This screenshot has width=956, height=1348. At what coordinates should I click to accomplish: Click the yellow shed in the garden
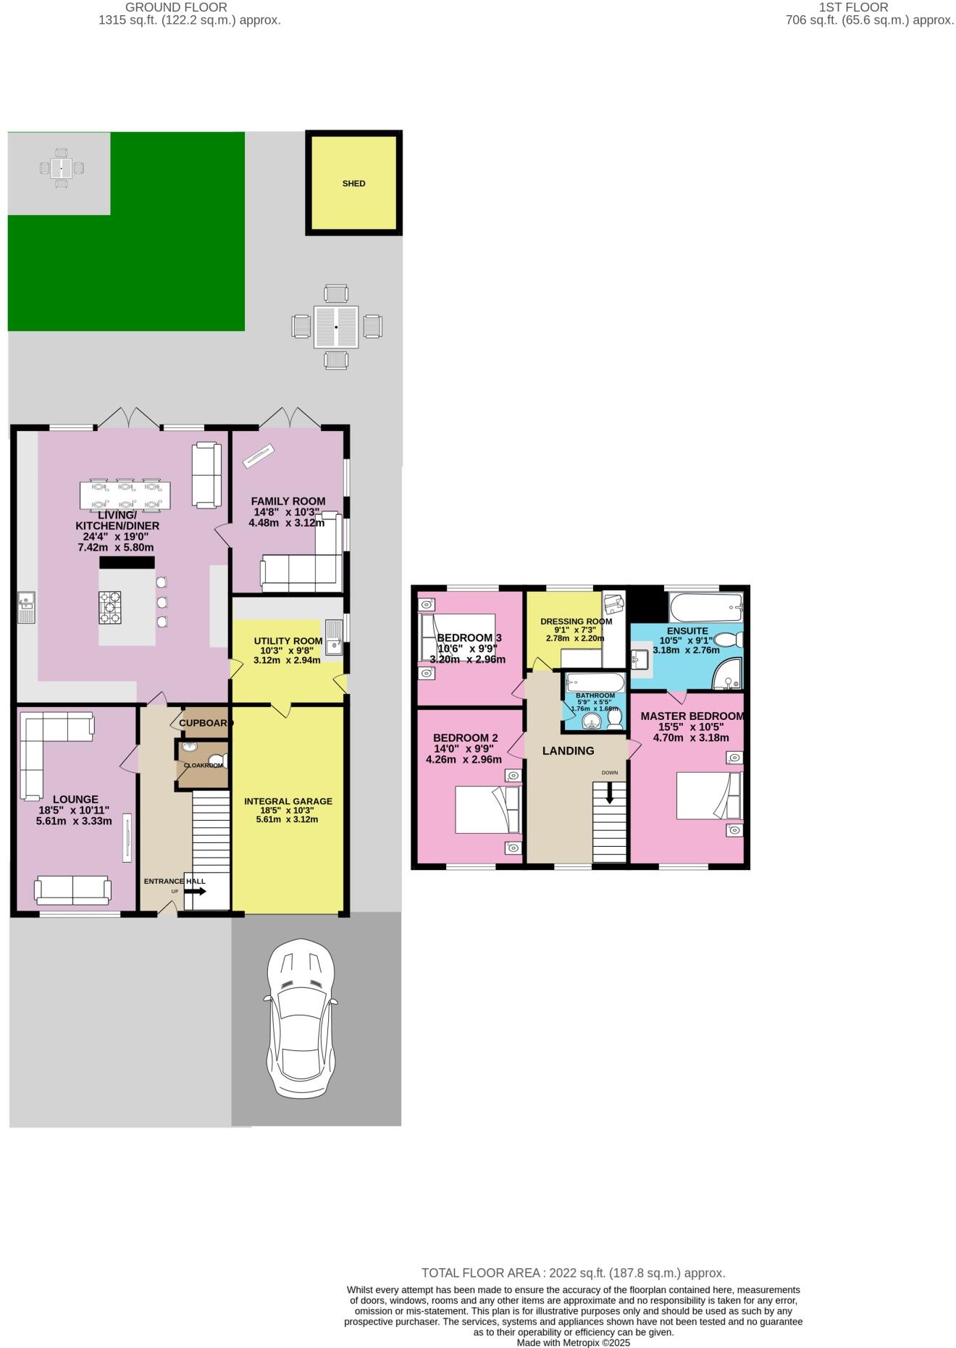click(x=353, y=183)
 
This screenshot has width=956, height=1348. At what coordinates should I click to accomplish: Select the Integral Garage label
click(x=288, y=801)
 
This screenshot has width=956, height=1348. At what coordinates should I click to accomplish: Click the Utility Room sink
click(x=334, y=637)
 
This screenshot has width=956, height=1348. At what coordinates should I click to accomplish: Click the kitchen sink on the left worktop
click(x=26, y=607)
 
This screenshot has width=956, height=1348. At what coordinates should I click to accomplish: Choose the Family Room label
click(x=288, y=501)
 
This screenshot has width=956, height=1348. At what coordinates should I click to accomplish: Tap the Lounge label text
click(x=75, y=800)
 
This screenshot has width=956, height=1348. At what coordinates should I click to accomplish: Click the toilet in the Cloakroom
click(x=222, y=761)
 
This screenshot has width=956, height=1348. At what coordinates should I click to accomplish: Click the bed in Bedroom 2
click(x=487, y=810)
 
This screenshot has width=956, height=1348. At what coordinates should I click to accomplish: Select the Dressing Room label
click(x=576, y=621)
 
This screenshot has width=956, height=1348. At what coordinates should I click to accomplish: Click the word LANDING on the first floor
click(x=569, y=751)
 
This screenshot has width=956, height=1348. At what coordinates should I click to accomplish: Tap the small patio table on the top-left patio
click(x=62, y=169)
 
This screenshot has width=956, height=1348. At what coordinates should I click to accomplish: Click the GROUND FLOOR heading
click(x=176, y=7)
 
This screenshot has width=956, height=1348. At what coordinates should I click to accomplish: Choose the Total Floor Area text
click(x=573, y=1273)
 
